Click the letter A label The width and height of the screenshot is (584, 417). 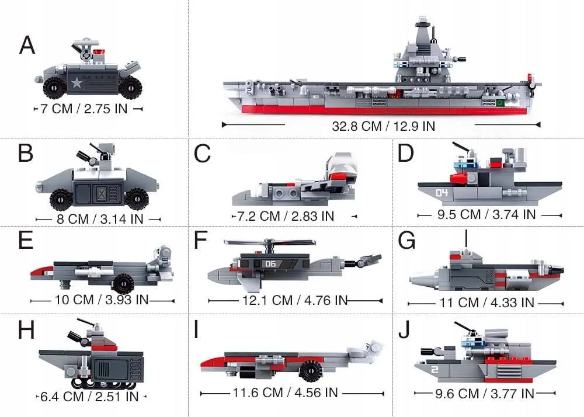coord(27,44)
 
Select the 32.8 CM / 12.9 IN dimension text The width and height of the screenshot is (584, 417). coord(383,126)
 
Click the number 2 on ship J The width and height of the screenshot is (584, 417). coord(434,369)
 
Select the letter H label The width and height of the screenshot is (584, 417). coord(26,331)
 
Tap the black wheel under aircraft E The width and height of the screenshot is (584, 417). coord(123,284)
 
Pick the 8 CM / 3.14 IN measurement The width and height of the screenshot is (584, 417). coord(98,219)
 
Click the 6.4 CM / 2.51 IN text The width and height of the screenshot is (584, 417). coord(89,397)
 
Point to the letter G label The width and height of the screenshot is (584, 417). coord(405,239)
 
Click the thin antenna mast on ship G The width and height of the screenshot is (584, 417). coord(466,238)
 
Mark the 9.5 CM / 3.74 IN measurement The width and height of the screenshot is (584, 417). coord(486,214)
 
